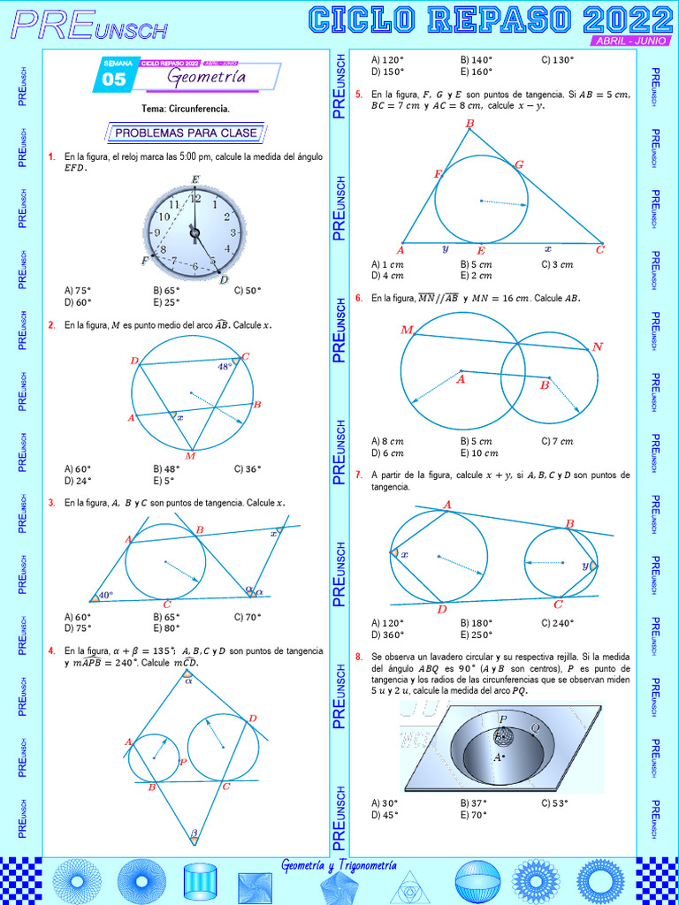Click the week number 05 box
114,79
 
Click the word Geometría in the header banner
207,79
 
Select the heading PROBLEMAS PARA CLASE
186,133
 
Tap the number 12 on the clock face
195,202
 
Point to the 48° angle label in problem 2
225,366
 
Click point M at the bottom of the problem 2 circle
190,456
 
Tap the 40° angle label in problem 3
105,596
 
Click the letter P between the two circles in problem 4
182,762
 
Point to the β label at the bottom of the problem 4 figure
194,833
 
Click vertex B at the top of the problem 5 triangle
469,123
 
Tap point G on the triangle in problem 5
519,164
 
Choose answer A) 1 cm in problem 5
388,264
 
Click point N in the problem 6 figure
598,346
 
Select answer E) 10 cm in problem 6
479,453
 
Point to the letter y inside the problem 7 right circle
585,565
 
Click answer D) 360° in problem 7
388,635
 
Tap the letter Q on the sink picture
535,727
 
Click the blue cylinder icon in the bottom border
200,881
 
